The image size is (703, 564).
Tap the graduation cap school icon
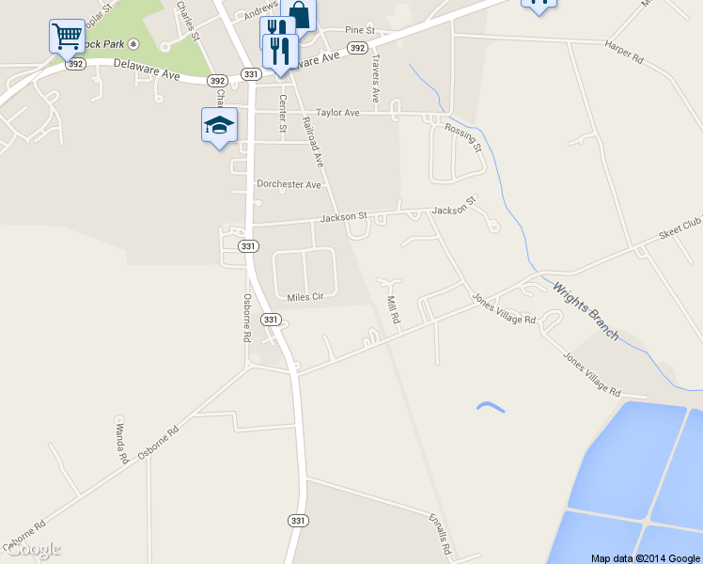tap(219, 125)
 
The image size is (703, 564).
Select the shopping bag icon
tap(298, 14)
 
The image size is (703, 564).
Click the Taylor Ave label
tap(338, 113)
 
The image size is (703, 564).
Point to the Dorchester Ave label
tap(289, 184)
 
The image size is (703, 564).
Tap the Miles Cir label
tap(305, 297)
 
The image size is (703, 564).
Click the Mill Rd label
tap(394, 310)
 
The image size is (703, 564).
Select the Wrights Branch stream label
tap(586, 311)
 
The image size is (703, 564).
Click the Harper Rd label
tap(624, 51)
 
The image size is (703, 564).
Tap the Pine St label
tap(360, 31)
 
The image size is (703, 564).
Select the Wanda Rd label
tap(121, 444)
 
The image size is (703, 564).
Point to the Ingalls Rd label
tap(442, 534)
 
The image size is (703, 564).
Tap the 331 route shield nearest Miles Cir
tap(271, 320)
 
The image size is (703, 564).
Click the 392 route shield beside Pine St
tap(357, 47)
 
